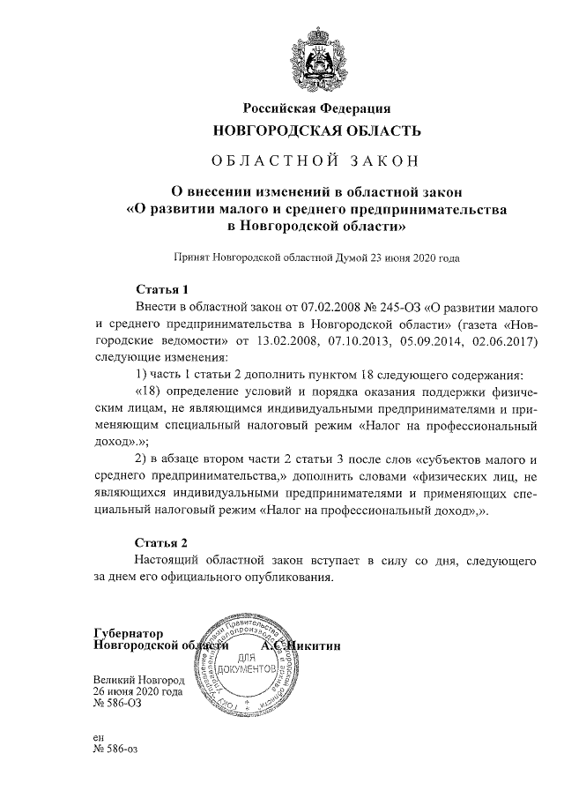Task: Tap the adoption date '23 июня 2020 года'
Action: click(x=412, y=259)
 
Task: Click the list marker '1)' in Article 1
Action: click(x=142, y=374)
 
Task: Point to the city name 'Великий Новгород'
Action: click(x=138, y=681)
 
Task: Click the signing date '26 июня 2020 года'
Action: click(x=138, y=693)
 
